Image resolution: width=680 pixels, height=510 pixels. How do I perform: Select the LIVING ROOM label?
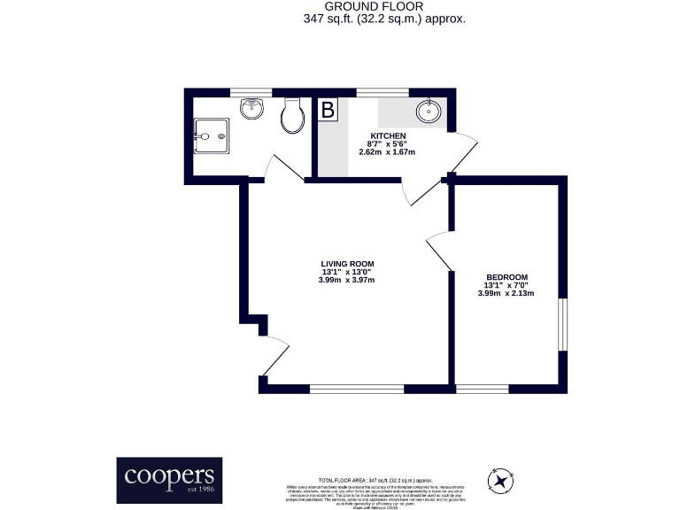pos(346,263)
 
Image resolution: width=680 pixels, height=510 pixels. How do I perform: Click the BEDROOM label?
pos(506,277)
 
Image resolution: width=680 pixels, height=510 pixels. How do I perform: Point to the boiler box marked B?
pos(328,111)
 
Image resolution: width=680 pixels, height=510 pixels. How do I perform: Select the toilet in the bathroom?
pos(290,116)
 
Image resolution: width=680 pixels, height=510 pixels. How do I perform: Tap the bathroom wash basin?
pos(252,109)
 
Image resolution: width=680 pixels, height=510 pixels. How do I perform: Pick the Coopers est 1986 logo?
pos(170,480)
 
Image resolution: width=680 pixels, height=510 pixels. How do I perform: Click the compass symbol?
pos(502,482)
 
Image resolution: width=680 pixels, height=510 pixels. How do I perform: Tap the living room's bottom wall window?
pos(356,388)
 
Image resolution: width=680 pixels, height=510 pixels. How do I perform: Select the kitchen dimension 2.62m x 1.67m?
pos(386,152)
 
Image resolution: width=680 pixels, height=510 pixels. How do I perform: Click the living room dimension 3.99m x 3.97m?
pos(346,281)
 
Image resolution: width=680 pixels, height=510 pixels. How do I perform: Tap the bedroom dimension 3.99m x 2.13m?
pos(506,294)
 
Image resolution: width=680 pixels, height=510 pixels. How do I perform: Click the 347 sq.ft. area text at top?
pos(383,19)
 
